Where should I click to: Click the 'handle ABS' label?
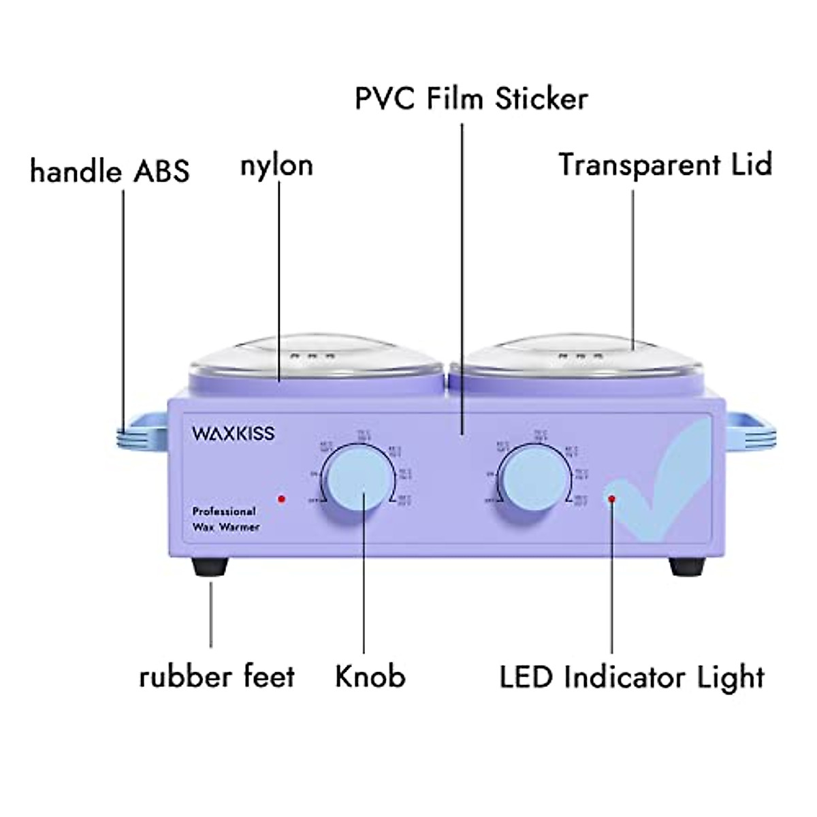click(x=110, y=171)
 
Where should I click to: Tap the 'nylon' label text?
click(x=276, y=165)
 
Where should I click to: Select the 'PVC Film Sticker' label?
click(x=471, y=98)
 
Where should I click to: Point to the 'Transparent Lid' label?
click(x=665, y=165)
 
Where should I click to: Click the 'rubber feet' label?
click(x=217, y=677)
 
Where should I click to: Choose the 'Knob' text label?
click(x=370, y=677)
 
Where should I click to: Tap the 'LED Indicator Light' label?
click(x=632, y=677)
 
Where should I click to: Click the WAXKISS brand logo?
click(x=234, y=433)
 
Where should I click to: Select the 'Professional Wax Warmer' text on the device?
click(x=225, y=518)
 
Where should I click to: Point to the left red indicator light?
click(x=281, y=499)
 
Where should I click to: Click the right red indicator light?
click(x=612, y=499)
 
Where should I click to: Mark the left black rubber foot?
click(x=210, y=566)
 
